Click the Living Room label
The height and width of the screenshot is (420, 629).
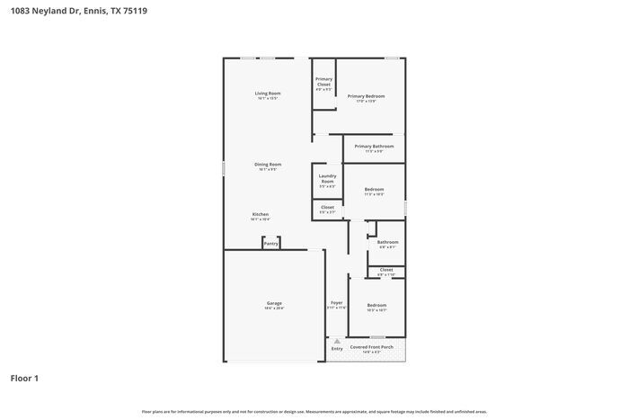click(268, 94)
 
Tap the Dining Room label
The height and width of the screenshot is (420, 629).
click(268, 165)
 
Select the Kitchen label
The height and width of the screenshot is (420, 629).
click(260, 214)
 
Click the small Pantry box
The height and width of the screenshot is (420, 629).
click(270, 243)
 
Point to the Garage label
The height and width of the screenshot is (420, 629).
click(274, 303)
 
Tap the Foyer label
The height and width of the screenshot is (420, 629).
click(336, 303)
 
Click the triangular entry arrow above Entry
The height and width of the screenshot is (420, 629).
click(336, 341)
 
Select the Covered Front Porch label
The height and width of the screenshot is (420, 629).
click(371, 346)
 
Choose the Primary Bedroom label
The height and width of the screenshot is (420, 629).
click(367, 96)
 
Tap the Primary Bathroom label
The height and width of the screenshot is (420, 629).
click(374, 146)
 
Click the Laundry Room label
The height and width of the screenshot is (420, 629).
click(327, 178)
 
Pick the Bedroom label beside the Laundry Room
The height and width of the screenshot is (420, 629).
click(374, 189)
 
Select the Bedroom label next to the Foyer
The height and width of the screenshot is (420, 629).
click(377, 305)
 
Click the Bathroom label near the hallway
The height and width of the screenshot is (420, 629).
click(387, 242)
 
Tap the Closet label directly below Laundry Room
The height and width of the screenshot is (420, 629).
click(327, 207)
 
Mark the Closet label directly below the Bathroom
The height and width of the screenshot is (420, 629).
click(385, 270)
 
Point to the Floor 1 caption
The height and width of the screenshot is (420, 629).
click(24, 379)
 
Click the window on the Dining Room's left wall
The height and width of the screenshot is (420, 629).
click(224, 168)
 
